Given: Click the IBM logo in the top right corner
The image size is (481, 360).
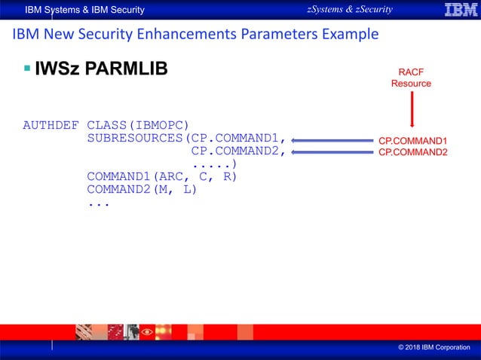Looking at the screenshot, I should (455, 10).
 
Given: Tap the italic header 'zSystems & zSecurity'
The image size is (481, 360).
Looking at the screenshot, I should (350, 9).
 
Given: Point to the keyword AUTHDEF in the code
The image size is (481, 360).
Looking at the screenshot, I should (51, 124).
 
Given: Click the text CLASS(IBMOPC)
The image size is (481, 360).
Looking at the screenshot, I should (138, 124).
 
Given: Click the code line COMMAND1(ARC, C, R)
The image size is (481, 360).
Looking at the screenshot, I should (162, 176).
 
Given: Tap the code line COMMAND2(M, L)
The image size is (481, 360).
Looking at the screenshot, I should (142, 189).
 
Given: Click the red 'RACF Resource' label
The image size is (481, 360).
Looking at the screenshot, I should (411, 78).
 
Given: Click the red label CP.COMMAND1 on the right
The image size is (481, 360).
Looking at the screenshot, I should (412, 140).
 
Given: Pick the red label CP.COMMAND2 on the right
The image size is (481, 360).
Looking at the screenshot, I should (412, 152).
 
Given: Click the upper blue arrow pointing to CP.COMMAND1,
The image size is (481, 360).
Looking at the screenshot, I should (332, 139).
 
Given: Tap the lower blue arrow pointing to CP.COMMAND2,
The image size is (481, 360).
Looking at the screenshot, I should (332, 152).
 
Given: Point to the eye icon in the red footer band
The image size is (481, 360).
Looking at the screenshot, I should (145, 331).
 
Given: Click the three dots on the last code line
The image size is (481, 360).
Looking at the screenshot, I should (98, 203).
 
